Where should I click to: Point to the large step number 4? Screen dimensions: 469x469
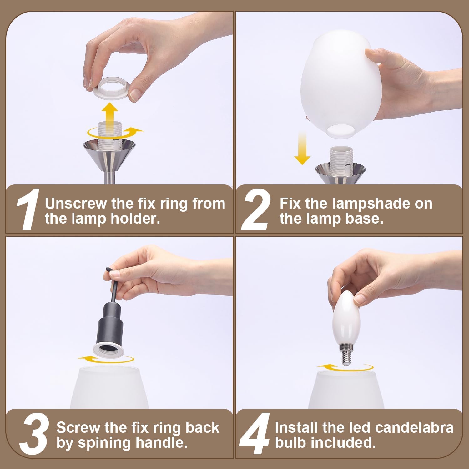coord(255,435)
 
